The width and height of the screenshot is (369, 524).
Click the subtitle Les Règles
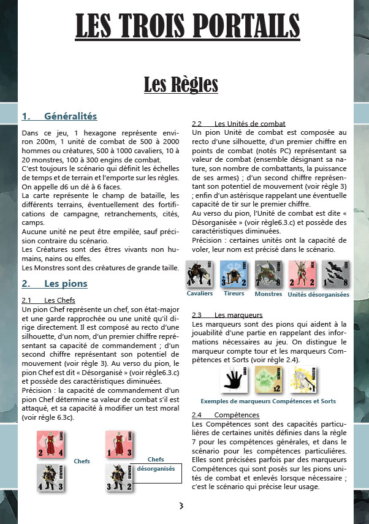tap(181, 84)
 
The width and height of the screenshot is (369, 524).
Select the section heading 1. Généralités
tap(59, 116)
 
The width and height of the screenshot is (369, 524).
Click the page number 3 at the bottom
tap(181, 506)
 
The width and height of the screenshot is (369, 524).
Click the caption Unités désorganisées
tap(318, 295)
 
